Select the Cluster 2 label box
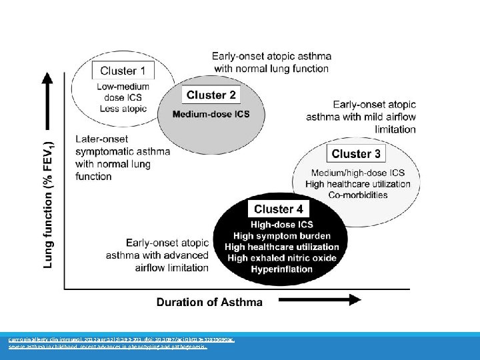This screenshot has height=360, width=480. click(211, 95)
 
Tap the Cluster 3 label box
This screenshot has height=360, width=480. click(356, 154)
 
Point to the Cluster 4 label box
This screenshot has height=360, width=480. click(283, 209)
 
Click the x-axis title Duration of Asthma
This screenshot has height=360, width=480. click(209, 302)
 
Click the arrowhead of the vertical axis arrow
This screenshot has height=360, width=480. click(47, 80)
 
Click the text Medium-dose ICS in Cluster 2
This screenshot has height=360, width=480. click(211, 114)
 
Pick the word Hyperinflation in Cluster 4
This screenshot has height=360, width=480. click(281, 269)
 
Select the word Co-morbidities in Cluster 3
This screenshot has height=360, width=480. click(358, 195)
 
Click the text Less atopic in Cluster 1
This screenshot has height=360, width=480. click(123, 108)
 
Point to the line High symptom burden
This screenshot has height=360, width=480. click(283, 236)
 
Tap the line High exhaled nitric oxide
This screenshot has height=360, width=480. click(283, 258)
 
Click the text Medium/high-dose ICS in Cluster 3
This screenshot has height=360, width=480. click(358, 173)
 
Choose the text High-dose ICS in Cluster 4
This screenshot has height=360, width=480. click(283, 225)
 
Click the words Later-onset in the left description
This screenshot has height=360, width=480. click(101, 139)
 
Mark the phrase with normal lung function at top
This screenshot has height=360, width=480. click(271, 68)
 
